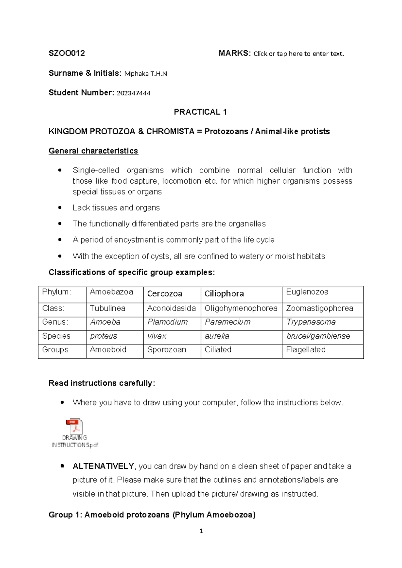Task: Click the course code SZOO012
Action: [67, 53]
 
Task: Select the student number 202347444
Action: [133, 93]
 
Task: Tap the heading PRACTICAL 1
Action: [200, 112]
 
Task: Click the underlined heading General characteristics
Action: [93, 151]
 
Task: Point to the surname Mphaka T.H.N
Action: [145, 74]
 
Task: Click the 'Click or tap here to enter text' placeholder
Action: [298, 54]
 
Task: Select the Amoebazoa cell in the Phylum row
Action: [111, 292]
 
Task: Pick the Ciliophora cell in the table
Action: [224, 294]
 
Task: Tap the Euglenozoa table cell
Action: [307, 292]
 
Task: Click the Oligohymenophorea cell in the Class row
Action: [241, 308]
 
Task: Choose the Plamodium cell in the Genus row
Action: [167, 322]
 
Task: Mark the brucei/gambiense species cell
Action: [318, 336]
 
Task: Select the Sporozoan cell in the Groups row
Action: [166, 350]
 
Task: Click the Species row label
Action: [56, 336]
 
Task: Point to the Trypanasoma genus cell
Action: [311, 322]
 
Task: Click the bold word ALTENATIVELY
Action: [103, 466]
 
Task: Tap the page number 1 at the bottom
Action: [201, 531]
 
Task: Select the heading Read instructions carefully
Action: [102, 383]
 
